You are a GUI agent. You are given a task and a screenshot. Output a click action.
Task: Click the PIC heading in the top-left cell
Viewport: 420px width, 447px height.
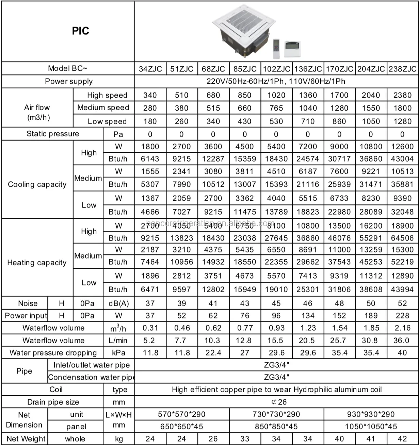click(x=80, y=31)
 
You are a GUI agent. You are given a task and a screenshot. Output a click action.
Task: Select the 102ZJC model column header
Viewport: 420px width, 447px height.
click(x=276, y=69)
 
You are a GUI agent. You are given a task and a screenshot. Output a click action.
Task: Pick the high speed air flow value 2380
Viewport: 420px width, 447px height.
click(x=402, y=95)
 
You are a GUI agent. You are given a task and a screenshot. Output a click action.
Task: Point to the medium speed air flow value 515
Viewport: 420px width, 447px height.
click(x=213, y=108)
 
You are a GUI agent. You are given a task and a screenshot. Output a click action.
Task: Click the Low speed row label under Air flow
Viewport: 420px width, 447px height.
click(x=107, y=121)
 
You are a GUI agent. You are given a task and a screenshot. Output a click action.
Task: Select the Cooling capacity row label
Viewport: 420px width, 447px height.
click(x=37, y=184)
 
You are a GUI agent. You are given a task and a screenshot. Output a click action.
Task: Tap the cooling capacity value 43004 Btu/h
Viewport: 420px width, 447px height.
click(x=402, y=159)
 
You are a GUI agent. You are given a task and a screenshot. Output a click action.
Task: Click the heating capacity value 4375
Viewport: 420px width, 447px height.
click(x=213, y=250)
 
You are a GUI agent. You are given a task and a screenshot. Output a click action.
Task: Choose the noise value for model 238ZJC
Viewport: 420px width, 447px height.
click(x=402, y=303)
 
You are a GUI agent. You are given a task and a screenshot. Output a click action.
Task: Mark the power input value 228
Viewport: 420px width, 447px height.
click(x=402, y=316)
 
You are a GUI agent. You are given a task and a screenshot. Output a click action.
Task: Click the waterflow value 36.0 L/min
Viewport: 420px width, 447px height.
click(x=401, y=341)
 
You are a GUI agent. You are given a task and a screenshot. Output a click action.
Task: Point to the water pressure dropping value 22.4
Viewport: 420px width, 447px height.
click(x=213, y=353)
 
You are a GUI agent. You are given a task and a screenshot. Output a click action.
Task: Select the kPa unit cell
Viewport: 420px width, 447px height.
click(x=118, y=353)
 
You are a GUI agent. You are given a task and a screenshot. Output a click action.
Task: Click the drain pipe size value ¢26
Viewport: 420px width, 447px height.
click(x=279, y=402)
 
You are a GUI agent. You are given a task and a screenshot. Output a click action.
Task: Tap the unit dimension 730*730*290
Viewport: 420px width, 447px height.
click(x=276, y=414)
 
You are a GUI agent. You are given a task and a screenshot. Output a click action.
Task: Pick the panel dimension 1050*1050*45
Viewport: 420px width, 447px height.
click(x=371, y=427)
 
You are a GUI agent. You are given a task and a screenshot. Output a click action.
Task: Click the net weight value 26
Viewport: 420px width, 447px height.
click(x=213, y=439)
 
